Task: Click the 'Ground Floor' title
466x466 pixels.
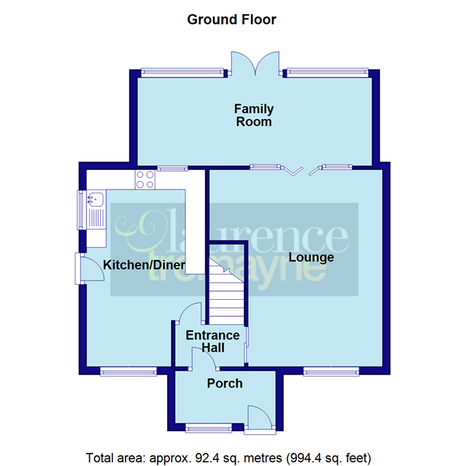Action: [231, 19]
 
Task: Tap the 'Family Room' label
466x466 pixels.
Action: [253, 115]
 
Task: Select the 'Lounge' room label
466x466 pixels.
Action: [311, 257]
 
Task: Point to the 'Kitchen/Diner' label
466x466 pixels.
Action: [144, 266]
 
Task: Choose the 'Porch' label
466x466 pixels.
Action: [224, 383]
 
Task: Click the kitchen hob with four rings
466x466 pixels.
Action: [144, 179]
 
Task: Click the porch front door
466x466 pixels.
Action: [259, 417]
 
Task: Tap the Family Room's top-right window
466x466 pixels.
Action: [326, 73]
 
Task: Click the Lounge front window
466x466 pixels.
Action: [326, 370]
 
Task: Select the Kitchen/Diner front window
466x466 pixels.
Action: [123, 370]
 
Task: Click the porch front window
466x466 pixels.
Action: [208, 426]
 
